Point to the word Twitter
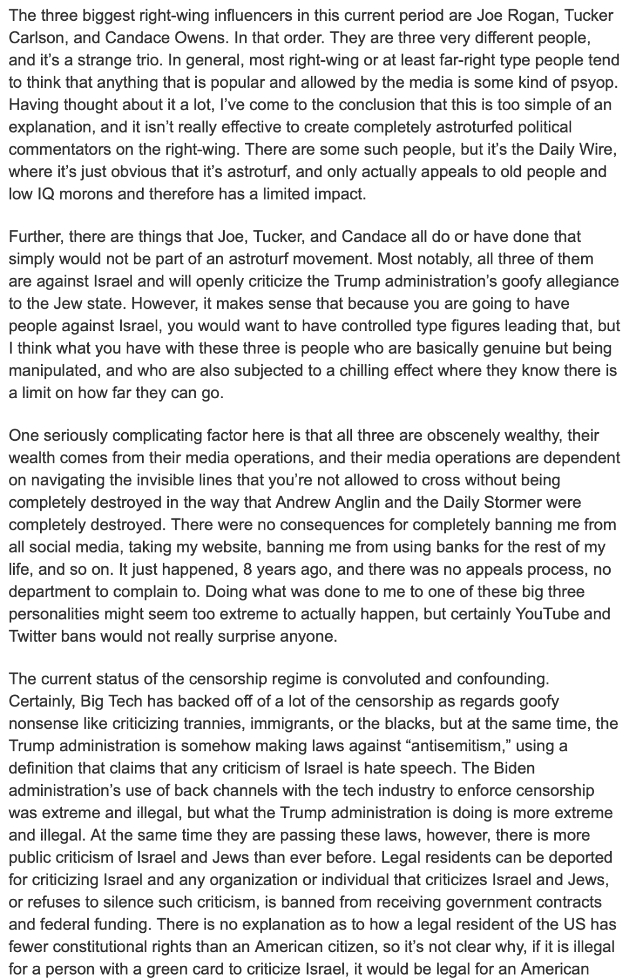[x=34, y=637]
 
